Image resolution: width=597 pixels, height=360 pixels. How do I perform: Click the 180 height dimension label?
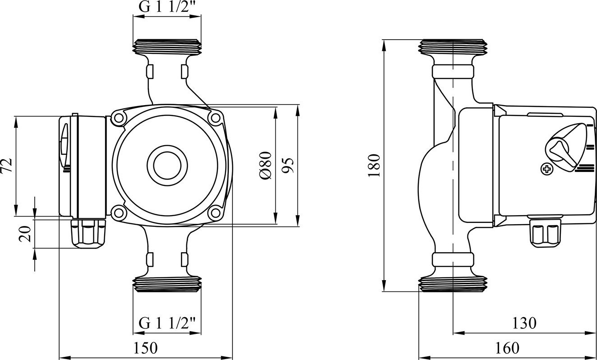click(374, 165)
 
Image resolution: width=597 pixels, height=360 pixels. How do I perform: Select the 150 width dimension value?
click(145, 348)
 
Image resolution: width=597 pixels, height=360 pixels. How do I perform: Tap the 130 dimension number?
click(524, 323)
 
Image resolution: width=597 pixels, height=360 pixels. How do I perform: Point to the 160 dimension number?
click(507, 348)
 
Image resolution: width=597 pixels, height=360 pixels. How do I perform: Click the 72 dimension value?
click(6, 166)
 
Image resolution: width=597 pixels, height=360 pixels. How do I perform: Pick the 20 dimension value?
click(25, 234)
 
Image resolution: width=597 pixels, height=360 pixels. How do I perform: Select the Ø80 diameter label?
click(265, 165)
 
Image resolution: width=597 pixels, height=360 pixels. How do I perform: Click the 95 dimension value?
click(288, 166)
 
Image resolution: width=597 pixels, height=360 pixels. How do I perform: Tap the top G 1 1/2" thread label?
click(167, 7)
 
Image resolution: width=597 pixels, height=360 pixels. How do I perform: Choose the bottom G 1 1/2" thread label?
click(167, 323)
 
